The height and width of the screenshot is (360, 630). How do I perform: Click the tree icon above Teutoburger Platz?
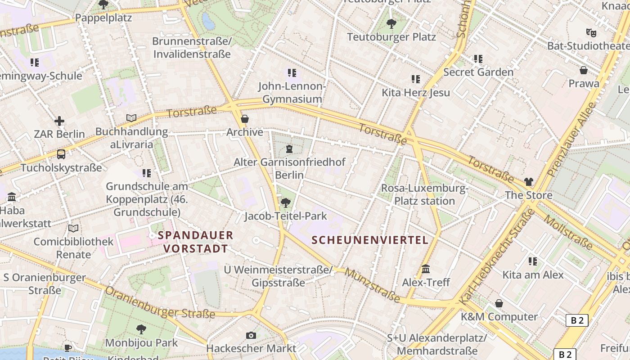(391, 23)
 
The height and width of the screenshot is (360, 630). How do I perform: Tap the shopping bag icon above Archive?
(245, 119)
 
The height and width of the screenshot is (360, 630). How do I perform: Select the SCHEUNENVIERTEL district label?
(370, 240)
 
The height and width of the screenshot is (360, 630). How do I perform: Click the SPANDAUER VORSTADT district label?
(195, 242)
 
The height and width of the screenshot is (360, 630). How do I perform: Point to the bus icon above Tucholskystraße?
(61, 154)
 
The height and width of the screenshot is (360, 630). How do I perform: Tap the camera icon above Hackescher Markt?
(251, 335)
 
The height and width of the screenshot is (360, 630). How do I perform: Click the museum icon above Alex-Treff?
(426, 269)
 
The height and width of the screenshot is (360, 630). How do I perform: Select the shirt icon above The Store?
(528, 182)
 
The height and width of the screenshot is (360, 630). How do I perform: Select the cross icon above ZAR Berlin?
(59, 121)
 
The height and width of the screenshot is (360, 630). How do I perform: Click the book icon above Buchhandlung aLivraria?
(131, 118)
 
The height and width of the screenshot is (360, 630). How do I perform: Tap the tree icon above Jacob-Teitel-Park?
(285, 203)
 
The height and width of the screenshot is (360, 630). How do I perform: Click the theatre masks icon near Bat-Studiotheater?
(591, 32)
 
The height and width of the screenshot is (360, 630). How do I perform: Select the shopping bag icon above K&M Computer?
(499, 303)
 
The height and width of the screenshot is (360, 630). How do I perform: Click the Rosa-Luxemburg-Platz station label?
(424, 194)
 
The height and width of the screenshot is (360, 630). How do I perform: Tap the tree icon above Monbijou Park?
(141, 329)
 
